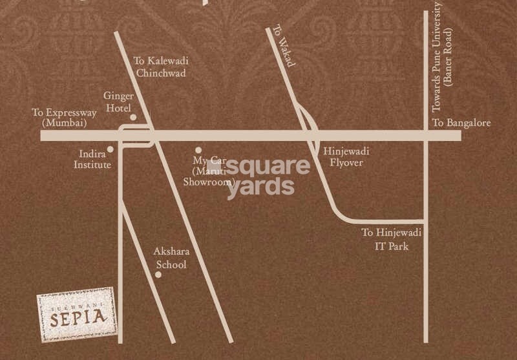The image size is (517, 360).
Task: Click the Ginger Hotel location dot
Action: coord(133,118)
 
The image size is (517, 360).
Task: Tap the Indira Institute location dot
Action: coord(111,149)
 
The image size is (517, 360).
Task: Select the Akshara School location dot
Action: coord(158,275)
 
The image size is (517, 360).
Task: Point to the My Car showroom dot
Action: coord(198,150)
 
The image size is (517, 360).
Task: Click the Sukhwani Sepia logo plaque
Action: coord(76,315)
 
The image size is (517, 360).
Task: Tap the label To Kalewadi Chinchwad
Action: coord(160,67)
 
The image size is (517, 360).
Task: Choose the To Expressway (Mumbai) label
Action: coord(64,117)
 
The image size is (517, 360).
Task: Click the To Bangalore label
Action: coord(461,123)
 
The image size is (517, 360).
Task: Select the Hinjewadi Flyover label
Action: coord(346,157)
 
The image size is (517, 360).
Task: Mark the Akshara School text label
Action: coord(170,258)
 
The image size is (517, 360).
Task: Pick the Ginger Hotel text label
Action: coord(118,101)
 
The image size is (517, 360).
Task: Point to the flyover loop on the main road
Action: coord(311,127)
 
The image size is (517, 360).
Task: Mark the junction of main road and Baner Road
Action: coord(425,136)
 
